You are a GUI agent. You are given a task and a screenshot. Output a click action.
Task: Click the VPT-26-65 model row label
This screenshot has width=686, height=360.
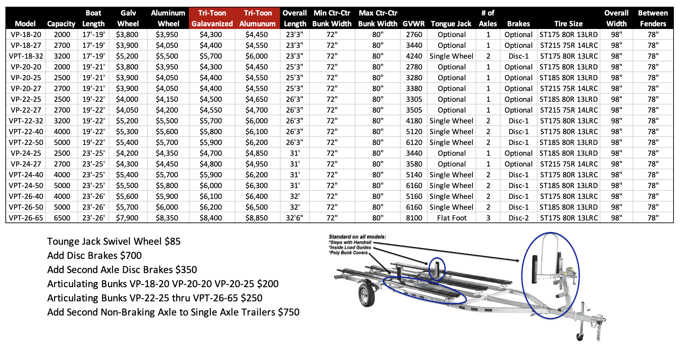pyautogui.click(x=26, y=218)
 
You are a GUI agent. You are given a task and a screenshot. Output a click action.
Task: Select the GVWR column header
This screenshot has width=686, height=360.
pyautogui.click(x=413, y=24)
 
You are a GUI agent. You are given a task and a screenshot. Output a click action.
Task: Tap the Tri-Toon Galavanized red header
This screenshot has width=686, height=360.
pyautogui.click(x=212, y=18)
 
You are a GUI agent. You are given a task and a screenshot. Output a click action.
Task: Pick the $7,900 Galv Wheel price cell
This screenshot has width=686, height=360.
pyautogui.click(x=127, y=218)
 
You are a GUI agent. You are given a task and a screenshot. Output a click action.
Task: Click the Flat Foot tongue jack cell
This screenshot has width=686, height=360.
pyautogui.click(x=452, y=218)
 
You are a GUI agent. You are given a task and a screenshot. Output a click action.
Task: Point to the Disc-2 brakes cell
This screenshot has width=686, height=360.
pyautogui.click(x=518, y=218)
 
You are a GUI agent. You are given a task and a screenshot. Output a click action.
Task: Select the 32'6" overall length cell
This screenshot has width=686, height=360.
pyautogui.click(x=294, y=218)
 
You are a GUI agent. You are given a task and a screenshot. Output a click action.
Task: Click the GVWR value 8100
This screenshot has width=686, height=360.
pyautogui.click(x=414, y=218)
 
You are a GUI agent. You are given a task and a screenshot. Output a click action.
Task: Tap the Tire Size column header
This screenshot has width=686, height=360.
pyautogui.click(x=568, y=24)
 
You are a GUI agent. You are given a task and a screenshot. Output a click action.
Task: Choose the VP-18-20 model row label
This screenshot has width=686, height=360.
pyautogui.click(x=26, y=34)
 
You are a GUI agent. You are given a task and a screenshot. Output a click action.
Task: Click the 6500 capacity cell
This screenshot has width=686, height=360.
pyautogui.click(x=62, y=218)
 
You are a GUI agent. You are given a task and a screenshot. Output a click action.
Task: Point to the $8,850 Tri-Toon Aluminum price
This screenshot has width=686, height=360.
pyautogui.click(x=257, y=218)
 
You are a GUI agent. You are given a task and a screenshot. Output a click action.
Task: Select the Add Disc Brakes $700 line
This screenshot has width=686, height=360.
pyautogui.click(x=94, y=256)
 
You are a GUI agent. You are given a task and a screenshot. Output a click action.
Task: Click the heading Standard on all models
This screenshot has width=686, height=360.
pyautogui.click(x=357, y=237)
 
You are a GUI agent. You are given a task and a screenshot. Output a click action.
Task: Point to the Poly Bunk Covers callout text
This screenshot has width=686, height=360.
pyautogui.click(x=349, y=252)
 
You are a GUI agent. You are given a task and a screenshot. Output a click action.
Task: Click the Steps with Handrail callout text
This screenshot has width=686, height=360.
pyautogui.click(x=350, y=242)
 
